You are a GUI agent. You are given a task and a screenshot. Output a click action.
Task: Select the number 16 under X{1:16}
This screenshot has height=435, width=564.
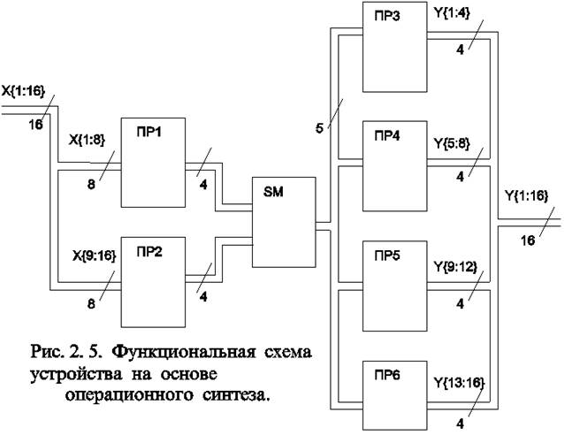[35, 125]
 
